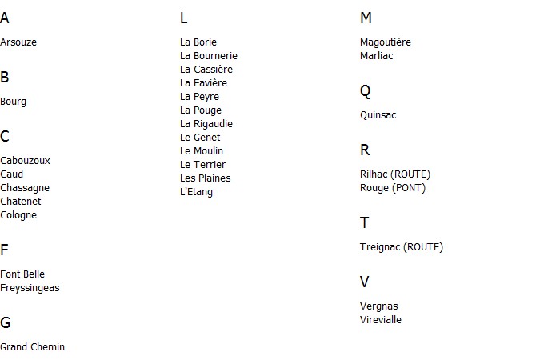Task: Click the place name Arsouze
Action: point(18,42)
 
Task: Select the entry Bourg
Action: point(13,102)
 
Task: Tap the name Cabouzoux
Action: point(25,161)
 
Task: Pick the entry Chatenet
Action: point(21,201)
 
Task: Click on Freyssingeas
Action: point(30,288)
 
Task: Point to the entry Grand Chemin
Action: point(32,347)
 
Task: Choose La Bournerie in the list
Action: point(209,56)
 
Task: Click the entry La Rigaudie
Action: point(206,124)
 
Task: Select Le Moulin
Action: point(202,151)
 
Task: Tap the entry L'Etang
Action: point(196,192)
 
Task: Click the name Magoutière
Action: point(386,42)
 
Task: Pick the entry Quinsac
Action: point(378,115)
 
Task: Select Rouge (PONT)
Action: point(393,188)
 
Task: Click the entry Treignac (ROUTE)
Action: point(402,247)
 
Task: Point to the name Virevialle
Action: point(381,320)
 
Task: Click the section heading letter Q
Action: point(365,92)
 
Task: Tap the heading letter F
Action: point(4,250)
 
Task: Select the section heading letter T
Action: point(364,223)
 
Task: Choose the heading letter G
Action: point(5,322)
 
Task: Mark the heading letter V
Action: point(364,282)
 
